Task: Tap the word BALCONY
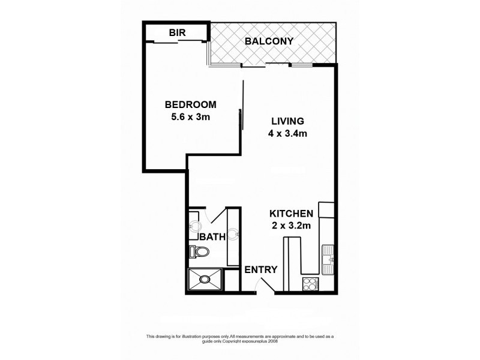pyautogui.click(x=269, y=41)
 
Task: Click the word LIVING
pyautogui.click(x=287, y=121)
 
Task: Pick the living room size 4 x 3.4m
pyautogui.click(x=287, y=134)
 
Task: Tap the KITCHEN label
pyautogui.click(x=291, y=214)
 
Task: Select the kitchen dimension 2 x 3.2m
pyautogui.click(x=291, y=226)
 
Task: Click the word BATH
pyautogui.click(x=212, y=237)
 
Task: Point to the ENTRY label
pyautogui.click(x=261, y=270)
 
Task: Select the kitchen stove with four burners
pyautogui.click(x=309, y=283)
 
